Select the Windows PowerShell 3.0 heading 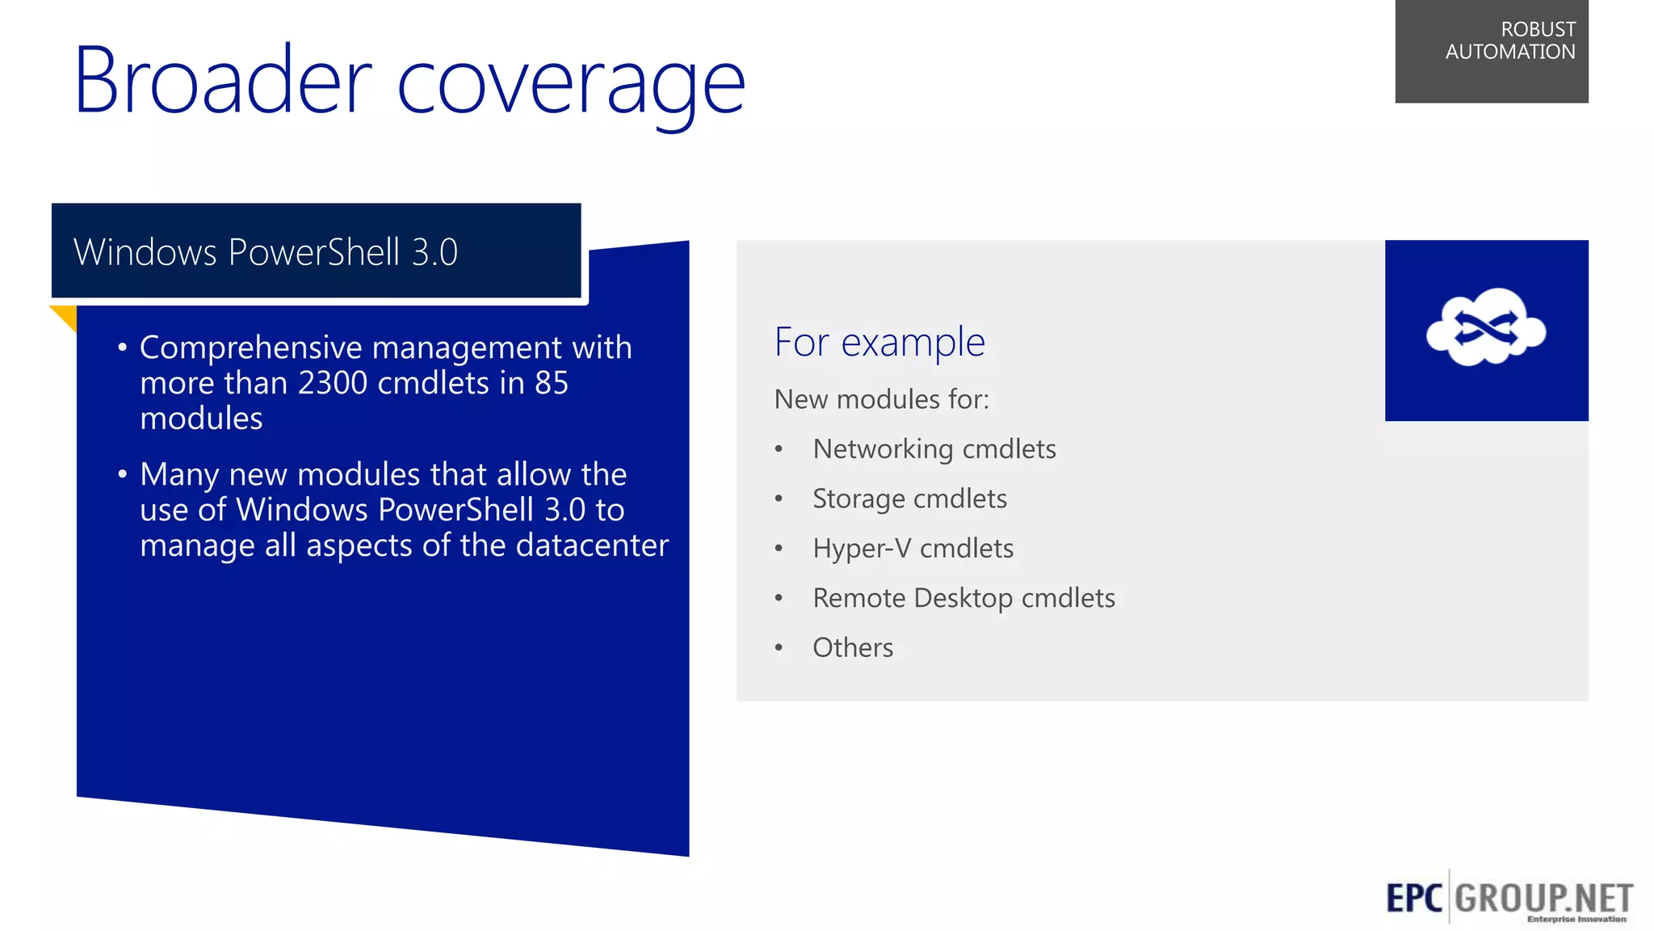click(266, 252)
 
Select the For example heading click(879, 342)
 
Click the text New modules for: click(881, 399)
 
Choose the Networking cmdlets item click(934, 449)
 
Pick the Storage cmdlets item click(909, 499)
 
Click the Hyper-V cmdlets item click(913, 549)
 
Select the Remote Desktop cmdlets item click(963, 598)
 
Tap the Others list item click(853, 648)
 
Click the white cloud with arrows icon click(1485, 327)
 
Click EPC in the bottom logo click(1413, 899)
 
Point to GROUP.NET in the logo click(1543, 899)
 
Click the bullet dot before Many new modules click(122, 474)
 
